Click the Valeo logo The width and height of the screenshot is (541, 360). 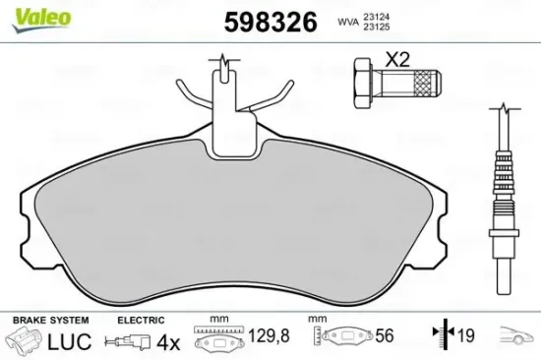coord(28,13)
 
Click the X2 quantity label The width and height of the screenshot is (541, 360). coord(396,58)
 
